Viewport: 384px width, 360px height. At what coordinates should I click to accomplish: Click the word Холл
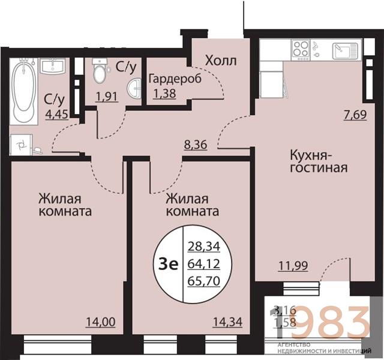click(220, 61)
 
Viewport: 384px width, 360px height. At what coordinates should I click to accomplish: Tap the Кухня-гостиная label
click(319, 160)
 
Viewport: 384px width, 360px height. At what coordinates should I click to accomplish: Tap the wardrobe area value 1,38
click(166, 93)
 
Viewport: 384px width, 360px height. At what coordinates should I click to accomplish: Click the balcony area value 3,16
click(284, 310)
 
